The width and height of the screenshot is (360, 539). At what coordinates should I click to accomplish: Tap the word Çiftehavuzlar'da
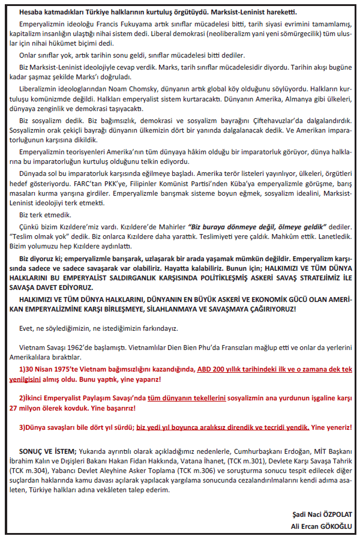click(x=268, y=120)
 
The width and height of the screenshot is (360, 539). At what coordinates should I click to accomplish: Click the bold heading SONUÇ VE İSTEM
click(x=47, y=450)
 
